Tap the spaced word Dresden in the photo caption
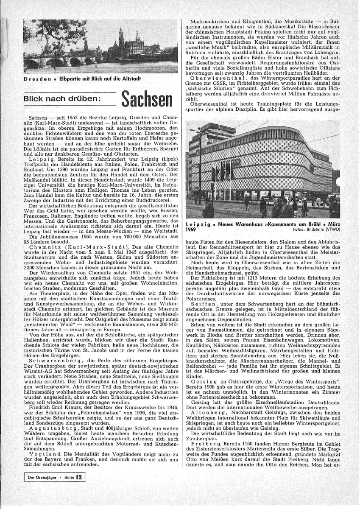[x=39, y=79]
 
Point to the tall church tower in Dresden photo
[x=121, y=40]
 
